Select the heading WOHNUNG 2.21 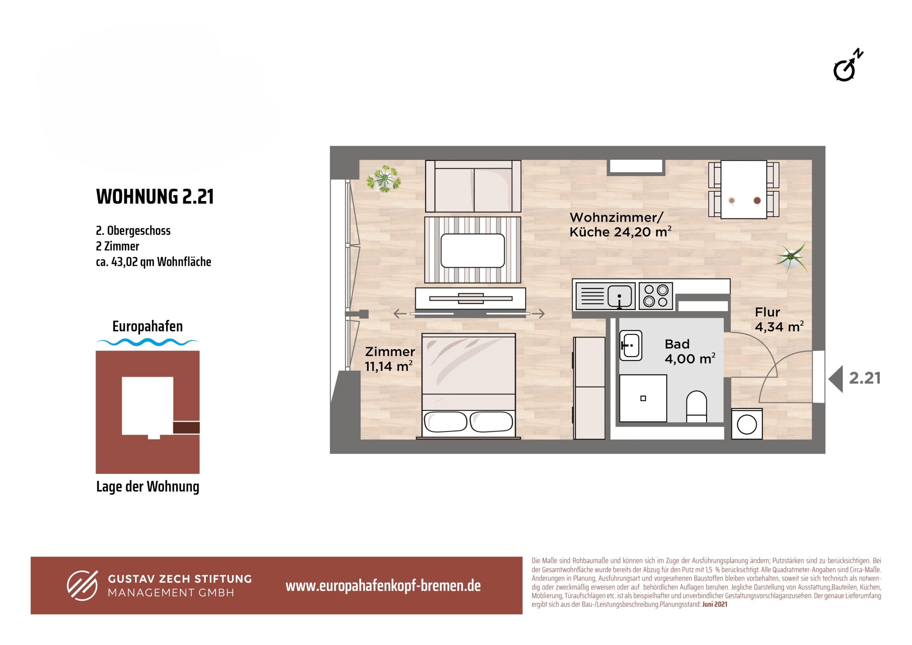(x=155, y=196)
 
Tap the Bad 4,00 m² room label (x=690, y=351)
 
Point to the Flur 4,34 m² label (x=779, y=320)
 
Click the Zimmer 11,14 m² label (x=390, y=359)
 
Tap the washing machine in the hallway (x=747, y=424)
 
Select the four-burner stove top (x=655, y=296)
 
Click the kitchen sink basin (x=620, y=296)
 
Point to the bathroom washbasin (x=630, y=345)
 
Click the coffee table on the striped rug (x=472, y=251)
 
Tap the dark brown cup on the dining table (x=757, y=201)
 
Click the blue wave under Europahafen (x=147, y=342)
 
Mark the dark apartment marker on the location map (x=186, y=428)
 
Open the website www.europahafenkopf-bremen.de (x=383, y=586)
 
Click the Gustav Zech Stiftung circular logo (x=82, y=585)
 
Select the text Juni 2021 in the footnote (x=715, y=604)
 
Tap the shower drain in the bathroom (x=643, y=398)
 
